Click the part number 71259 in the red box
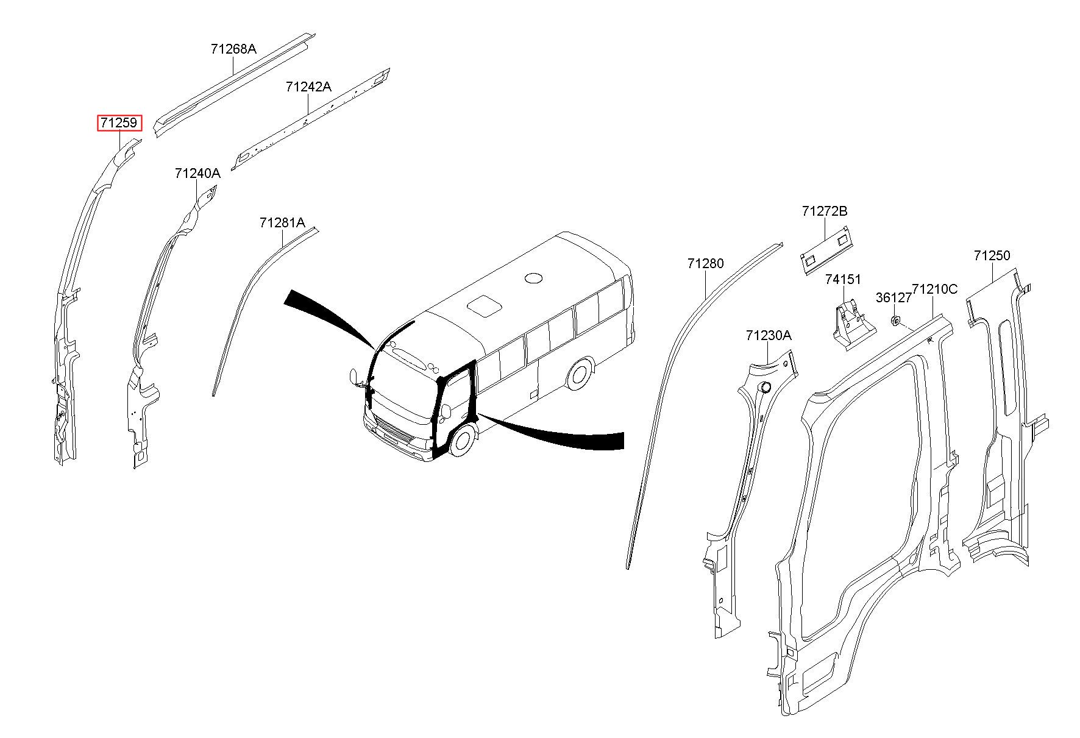click(x=120, y=123)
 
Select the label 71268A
click(x=233, y=49)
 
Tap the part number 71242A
click(x=308, y=87)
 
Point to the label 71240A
click(x=197, y=174)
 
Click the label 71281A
click(x=282, y=223)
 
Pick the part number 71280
click(x=706, y=263)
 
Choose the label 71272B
click(x=825, y=211)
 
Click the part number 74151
click(x=844, y=280)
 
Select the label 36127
click(x=893, y=297)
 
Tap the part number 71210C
click(x=935, y=289)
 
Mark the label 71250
click(x=992, y=256)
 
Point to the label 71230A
click(x=769, y=336)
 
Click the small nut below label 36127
click(x=895, y=320)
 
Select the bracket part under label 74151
click(x=854, y=325)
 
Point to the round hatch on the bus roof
click(x=533, y=278)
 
